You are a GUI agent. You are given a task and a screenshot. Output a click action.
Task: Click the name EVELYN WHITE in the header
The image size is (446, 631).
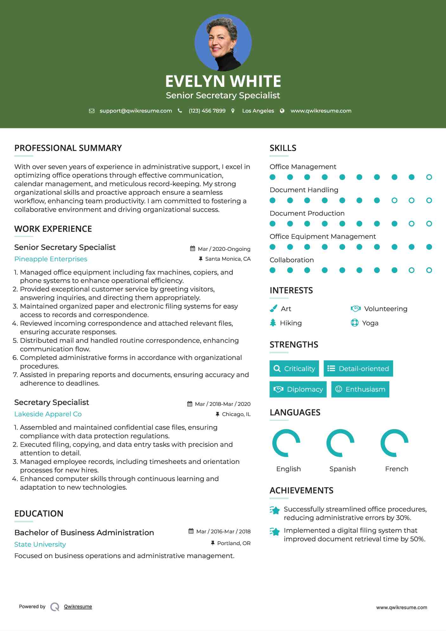coord(223,81)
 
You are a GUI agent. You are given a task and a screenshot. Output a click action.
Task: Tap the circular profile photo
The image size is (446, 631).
coord(223,42)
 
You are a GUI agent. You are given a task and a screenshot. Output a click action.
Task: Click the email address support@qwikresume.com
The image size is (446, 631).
coord(136,111)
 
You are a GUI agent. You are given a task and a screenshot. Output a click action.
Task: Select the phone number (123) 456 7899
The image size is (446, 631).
coord(207,111)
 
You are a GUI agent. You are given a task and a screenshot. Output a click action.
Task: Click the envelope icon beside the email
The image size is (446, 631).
coord(92,111)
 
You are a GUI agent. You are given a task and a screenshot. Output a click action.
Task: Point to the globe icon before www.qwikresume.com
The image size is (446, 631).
coord(282,111)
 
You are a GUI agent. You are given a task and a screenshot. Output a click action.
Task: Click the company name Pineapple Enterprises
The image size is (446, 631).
coord(51,259)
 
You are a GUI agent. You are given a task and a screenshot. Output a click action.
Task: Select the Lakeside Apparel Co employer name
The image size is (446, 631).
coord(48,414)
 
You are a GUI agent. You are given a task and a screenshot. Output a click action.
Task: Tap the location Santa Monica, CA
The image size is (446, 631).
coord(228,259)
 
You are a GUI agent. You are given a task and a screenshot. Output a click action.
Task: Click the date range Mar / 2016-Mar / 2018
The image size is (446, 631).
coord(223,531)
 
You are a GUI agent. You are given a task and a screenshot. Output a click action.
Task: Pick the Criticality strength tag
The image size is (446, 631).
coord(294,368)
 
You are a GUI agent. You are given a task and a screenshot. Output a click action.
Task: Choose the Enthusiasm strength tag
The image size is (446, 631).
coord(360,389)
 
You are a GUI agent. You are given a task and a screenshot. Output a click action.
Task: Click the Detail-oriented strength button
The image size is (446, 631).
coord(358,368)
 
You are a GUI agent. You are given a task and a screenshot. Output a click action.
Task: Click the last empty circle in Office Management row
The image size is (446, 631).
coord(429,177)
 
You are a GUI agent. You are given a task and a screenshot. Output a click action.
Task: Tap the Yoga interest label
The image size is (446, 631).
coord(370,323)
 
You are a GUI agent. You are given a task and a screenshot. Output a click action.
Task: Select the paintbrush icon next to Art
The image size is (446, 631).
coord(273,309)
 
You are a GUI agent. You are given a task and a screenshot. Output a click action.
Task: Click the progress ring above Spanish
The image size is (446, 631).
coord(340,443)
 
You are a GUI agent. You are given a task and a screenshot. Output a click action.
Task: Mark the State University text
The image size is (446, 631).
coord(40,544)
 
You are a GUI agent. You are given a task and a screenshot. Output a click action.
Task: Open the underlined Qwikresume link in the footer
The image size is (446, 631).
coord(78,607)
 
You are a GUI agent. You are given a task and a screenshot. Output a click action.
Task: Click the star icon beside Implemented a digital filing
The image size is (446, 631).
coord(275,531)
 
